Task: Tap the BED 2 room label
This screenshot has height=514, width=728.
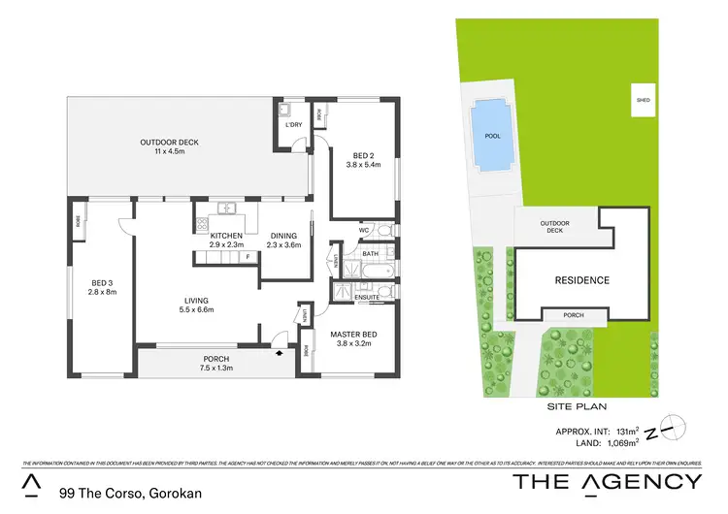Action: pyautogui.click(x=363, y=158)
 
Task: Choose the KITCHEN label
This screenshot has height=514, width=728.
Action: pyautogui.click(x=225, y=236)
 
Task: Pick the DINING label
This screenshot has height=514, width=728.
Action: pyautogui.click(x=283, y=236)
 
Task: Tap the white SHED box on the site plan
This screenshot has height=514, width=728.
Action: pyautogui.click(x=643, y=100)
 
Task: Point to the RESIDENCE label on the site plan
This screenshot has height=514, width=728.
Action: pyautogui.click(x=582, y=280)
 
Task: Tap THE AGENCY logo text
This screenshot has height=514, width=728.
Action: pyautogui.click(x=606, y=482)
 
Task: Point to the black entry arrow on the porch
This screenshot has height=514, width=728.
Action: pyautogui.click(x=281, y=354)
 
